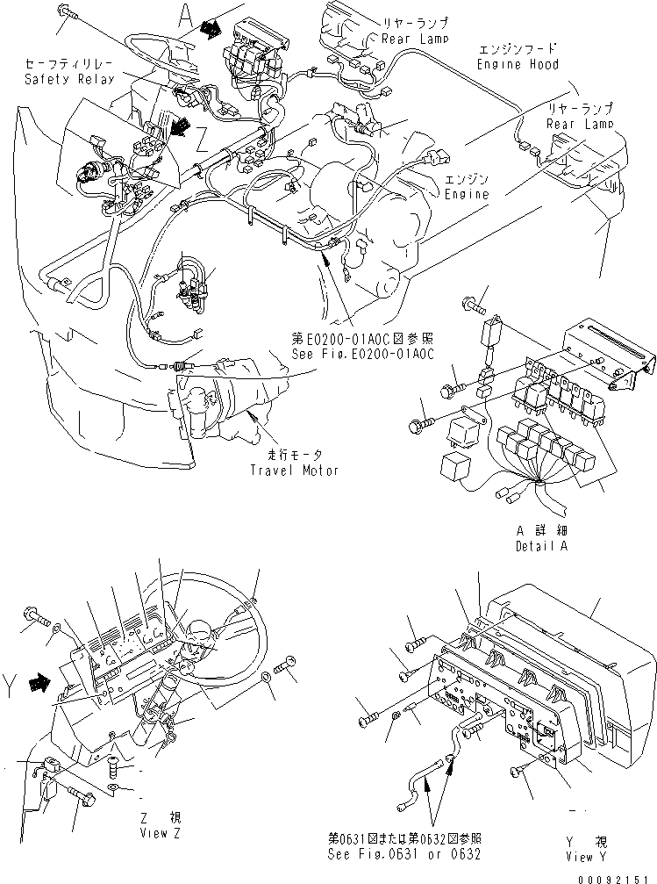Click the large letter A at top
tap(185, 15)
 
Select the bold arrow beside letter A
tap(211, 30)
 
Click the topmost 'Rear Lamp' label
tap(414, 39)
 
